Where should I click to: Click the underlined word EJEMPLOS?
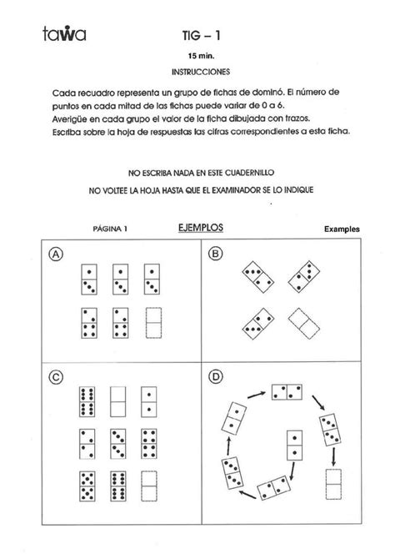coord(200,226)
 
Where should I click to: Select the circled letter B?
coord(216,254)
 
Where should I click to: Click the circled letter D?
coord(216,378)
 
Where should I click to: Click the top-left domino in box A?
coord(89,279)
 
